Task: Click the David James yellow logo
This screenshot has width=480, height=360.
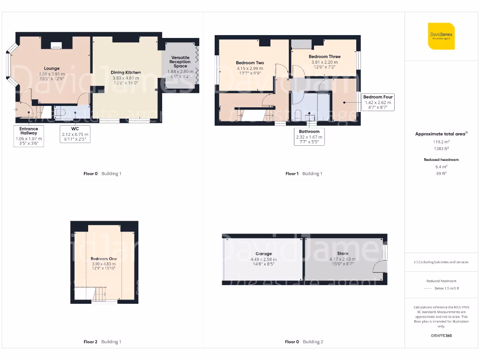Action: click(441, 36)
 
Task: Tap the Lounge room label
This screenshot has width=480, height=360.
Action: click(52, 68)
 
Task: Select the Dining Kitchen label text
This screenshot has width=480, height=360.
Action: click(126, 73)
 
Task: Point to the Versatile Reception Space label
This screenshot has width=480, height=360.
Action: click(180, 61)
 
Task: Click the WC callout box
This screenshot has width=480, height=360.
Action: click(75, 134)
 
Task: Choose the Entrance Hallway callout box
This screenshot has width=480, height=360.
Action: click(29, 136)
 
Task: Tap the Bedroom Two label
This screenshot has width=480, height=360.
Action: click(250, 63)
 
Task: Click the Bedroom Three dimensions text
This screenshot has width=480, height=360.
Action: click(324, 64)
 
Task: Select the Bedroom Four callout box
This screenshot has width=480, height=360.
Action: click(377, 102)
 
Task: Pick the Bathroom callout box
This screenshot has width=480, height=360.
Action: click(309, 137)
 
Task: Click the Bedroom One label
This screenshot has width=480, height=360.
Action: click(104, 259)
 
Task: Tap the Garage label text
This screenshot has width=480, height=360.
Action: click(263, 254)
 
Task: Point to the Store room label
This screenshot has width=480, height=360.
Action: click(343, 254)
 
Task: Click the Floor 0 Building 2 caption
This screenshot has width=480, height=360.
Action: click(304, 342)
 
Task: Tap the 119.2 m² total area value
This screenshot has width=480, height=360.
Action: click(441, 142)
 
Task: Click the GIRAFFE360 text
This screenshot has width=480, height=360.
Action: click(441, 336)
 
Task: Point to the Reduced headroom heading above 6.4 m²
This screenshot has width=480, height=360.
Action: click(441, 160)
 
